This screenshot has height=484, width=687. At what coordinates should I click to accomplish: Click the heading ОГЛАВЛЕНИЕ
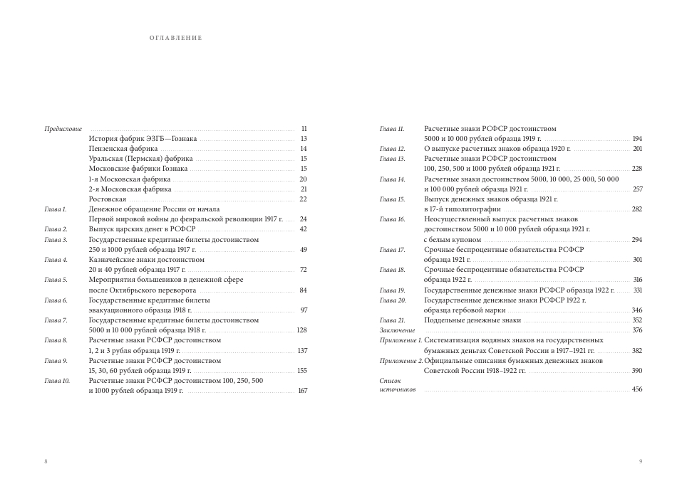176,38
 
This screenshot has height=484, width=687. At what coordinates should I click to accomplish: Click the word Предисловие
63,129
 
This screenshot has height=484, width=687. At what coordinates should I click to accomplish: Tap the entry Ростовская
107,199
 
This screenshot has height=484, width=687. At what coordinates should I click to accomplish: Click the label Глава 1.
55,209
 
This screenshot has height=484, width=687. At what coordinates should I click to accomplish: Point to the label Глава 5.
56,280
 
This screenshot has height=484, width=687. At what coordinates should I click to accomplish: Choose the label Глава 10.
57,381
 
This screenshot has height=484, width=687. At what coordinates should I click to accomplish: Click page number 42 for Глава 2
303,229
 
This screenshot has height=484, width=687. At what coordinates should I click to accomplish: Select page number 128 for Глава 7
301,330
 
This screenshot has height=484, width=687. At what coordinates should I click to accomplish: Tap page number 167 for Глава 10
302,391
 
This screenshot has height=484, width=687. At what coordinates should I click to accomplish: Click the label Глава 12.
392,149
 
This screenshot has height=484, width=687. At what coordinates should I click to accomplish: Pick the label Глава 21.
392,320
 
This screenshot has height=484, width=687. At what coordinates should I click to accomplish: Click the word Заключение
397,330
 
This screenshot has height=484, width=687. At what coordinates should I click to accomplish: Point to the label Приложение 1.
401,340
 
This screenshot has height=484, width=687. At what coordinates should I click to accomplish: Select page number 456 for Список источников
636,389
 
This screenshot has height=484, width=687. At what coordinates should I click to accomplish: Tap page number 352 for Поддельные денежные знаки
636,320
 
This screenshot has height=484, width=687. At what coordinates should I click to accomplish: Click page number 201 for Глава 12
637,149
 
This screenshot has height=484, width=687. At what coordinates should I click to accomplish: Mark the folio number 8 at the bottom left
46,462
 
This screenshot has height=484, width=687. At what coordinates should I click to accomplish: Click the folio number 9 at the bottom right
641,462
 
